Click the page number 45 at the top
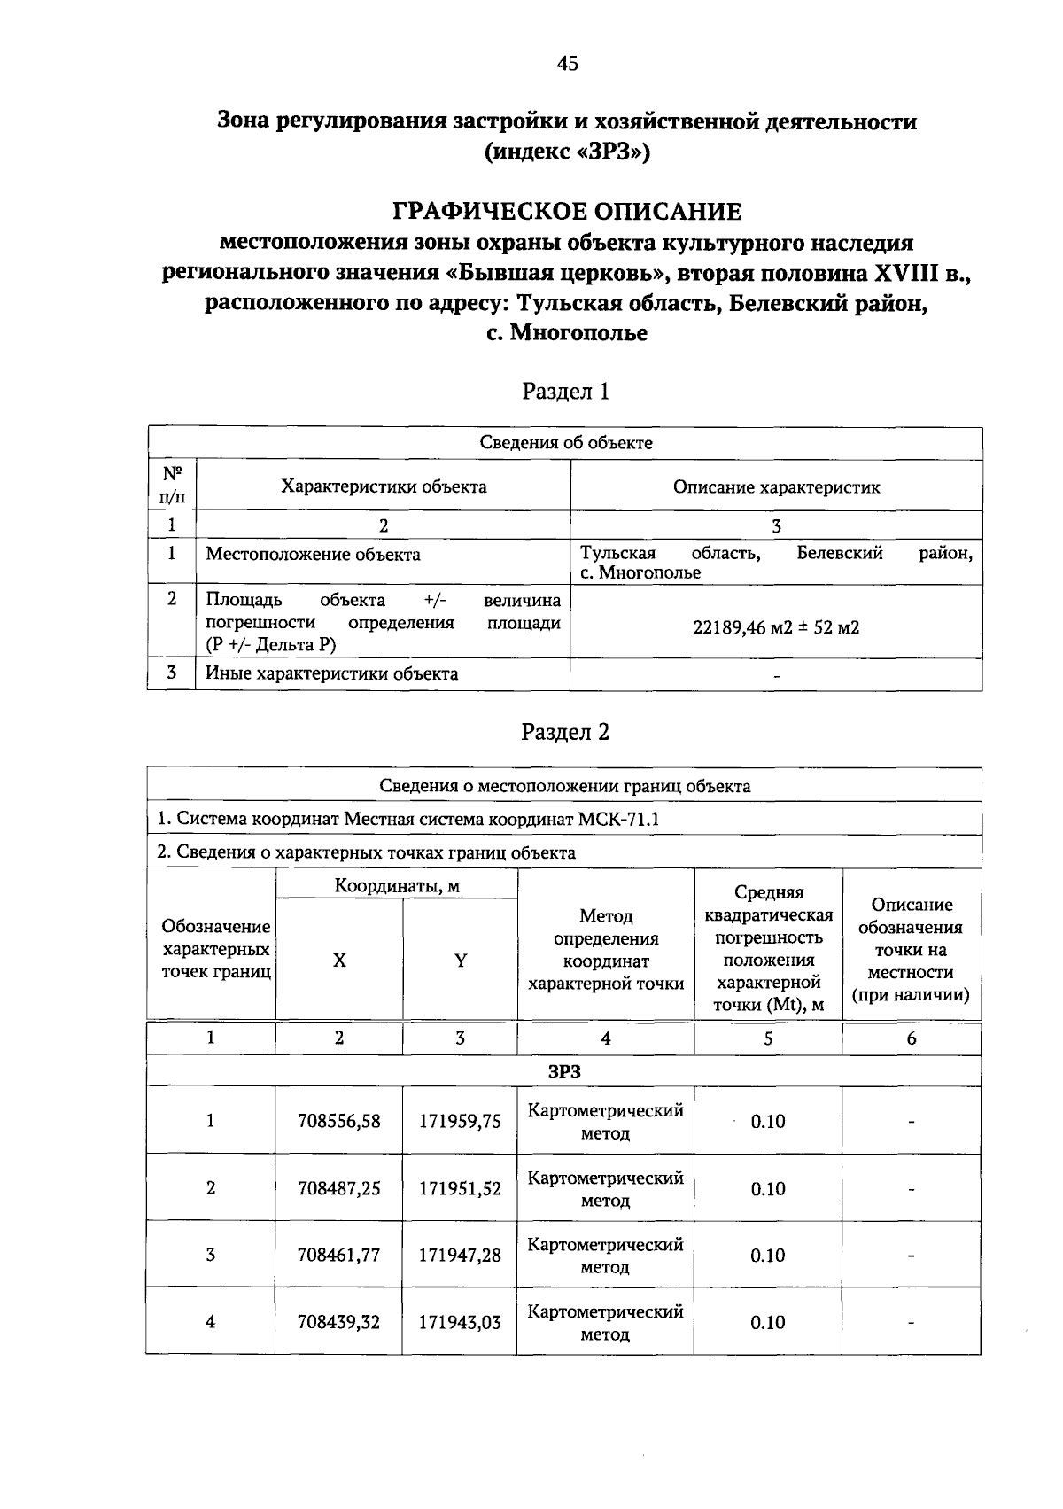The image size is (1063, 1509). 567,62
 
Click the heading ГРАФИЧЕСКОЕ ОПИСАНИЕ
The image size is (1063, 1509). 567,211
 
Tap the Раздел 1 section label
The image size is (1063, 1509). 565,391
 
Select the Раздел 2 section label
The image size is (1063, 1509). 565,732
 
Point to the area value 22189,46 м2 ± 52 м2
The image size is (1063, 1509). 776,627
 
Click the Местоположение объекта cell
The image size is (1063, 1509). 313,555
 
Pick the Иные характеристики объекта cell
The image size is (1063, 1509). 332,673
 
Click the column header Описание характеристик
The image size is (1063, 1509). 776,486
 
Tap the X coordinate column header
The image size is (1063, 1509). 339,961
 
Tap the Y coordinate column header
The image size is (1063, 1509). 460,961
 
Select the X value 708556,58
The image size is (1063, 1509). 339,1121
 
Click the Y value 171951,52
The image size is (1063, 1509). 460,1188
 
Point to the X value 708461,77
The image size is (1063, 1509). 339,1255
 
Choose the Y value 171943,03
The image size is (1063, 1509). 460,1322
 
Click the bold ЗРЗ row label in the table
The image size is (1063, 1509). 564,1071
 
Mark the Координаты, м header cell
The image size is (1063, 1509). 397,885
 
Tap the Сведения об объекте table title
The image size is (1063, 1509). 565,443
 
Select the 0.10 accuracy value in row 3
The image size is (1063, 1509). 767,1255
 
